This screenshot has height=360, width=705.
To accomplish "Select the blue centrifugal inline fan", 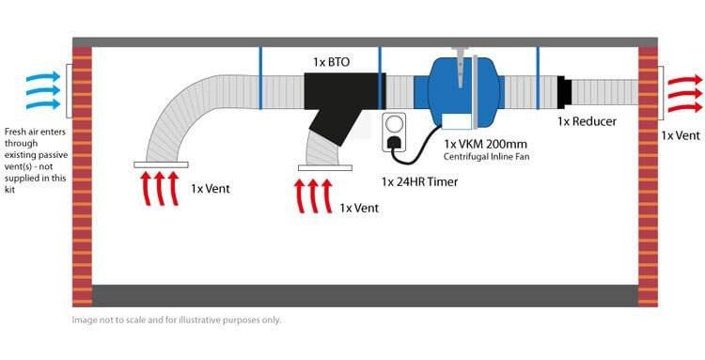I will click(x=458, y=89).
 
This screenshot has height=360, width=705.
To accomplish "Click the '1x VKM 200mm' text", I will click(x=487, y=144).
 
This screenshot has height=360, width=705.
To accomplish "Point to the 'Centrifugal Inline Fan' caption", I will click(x=487, y=157).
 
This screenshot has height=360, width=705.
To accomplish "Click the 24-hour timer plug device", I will click(x=394, y=131).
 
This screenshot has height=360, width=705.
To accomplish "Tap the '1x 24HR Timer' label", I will click(x=419, y=181).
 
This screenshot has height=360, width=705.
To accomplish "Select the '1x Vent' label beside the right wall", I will click(x=680, y=135).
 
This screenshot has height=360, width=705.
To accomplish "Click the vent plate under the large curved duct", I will click(x=161, y=164).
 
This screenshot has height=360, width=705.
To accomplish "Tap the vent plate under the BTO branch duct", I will click(x=324, y=168).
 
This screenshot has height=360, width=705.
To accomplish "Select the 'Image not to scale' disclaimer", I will click(x=176, y=320).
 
